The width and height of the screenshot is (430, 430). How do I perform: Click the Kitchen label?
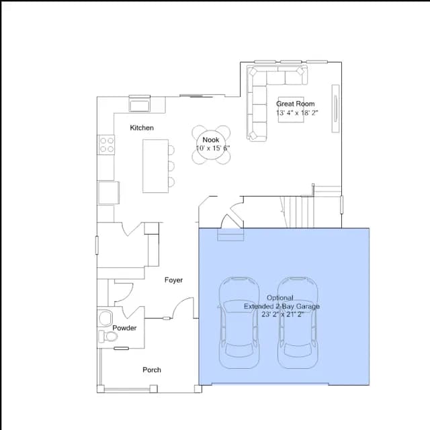coord(142,128)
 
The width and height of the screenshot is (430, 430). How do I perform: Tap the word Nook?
coord(210,140)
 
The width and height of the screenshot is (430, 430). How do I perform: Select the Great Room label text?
coord(296,104)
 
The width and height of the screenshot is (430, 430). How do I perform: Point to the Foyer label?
coord(173,280)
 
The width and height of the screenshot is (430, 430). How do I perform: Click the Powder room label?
coord(124,328)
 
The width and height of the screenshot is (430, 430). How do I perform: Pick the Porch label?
coord(152,370)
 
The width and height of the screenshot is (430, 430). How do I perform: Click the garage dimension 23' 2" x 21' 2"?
coord(282,314)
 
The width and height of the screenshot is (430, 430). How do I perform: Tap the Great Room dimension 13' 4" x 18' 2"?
coord(297,113)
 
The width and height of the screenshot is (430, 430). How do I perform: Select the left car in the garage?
coord(239,322)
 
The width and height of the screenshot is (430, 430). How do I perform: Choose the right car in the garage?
coord(298,322)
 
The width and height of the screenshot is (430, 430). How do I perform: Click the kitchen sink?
coord(140,103)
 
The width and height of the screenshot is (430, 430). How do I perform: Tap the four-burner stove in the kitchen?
coord(106,145)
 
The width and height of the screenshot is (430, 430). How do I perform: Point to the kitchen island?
coord(155,166)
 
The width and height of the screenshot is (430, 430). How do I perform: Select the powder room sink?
coord(105,318)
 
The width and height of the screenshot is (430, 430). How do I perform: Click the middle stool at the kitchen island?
coord(171,166)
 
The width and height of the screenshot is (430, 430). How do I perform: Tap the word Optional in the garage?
coord(280,298)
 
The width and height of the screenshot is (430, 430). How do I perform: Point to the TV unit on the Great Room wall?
coord(335,109)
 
